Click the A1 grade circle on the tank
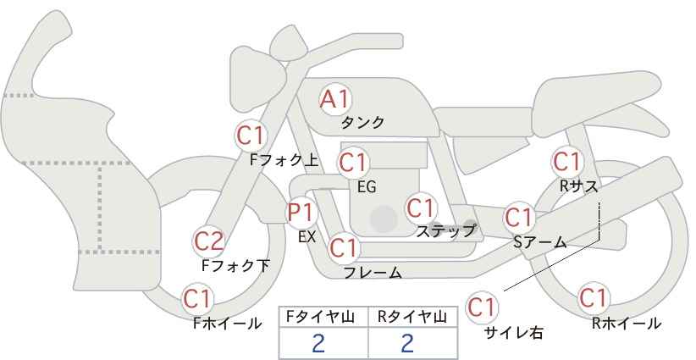334,99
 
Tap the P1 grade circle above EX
301,211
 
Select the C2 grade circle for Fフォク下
208,241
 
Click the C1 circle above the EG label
353,161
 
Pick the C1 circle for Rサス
566,160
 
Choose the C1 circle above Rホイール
593,298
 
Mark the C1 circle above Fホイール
197,298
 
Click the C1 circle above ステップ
420,207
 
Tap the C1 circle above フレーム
344,248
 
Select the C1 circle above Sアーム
518,216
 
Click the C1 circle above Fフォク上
251,134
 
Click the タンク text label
362,123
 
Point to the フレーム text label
373,272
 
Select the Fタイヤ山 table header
323,316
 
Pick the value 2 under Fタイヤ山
319,343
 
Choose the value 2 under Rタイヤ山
408,343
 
